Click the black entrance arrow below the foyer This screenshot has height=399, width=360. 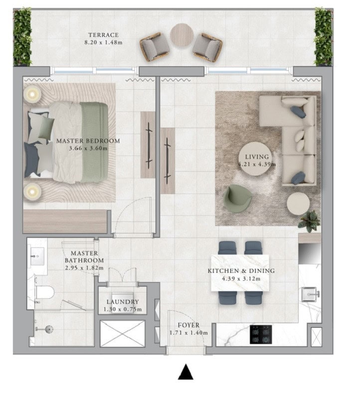tap(185, 372)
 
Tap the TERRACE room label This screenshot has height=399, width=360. tap(104, 35)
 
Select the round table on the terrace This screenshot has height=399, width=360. tap(181, 35)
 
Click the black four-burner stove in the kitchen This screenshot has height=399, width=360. tap(261, 334)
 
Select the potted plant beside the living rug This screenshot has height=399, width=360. tap(309, 221)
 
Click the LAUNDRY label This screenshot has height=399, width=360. tap(123, 302)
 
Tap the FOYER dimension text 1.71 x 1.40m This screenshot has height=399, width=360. tap(189, 333)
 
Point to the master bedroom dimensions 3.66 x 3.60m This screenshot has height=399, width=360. tap(88, 148)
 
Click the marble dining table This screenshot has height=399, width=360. tap(240, 273)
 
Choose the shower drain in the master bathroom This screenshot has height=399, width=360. tap(49, 329)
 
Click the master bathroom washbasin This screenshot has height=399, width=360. tap(37, 256)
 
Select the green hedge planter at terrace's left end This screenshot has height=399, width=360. tap(22, 36)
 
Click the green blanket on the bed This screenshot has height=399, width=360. tap(94, 142)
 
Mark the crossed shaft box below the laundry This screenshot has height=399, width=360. tap(122, 333)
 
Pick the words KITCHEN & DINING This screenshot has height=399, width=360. tap(241, 271)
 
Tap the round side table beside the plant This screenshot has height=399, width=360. tap(298, 203)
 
